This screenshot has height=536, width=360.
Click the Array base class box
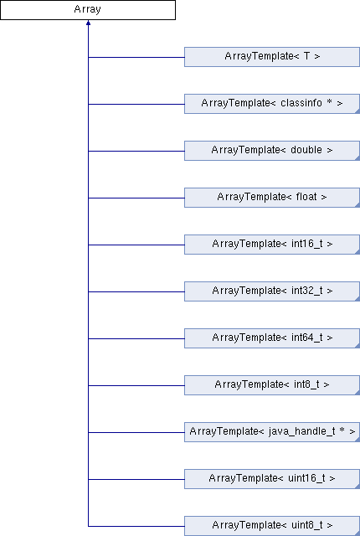(x=88, y=10)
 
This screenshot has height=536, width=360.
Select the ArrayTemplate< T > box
(x=272, y=57)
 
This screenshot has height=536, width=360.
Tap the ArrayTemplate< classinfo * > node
(x=272, y=104)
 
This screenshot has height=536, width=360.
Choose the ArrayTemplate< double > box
(x=272, y=151)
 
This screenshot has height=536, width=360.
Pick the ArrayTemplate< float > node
(x=272, y=198)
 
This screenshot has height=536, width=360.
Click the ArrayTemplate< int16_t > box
(x=272, y=244)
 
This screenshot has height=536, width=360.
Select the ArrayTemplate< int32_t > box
(x=272, y=291)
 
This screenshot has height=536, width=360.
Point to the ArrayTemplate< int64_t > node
(x=272, y=338)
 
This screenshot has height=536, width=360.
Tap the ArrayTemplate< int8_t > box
(x=272, y=385)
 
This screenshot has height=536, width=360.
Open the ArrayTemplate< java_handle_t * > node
(x=272, y=432)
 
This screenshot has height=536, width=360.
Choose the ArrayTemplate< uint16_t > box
(x=272, y=478)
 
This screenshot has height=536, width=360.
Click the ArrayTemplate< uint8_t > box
(x=272, y=526)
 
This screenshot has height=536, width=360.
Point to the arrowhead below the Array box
(x=88, y=23)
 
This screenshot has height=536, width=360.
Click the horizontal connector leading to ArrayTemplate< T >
(x=136, y=57)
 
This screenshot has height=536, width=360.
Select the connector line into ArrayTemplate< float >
(x=136, y=198)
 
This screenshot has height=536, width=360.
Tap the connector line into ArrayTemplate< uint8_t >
(x=136, y=526)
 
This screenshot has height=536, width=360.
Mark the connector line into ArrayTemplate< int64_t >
(x=136, y=338)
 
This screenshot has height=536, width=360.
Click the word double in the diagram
(x=306, y=150)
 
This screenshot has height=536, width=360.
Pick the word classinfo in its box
(x=301, y=103)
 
